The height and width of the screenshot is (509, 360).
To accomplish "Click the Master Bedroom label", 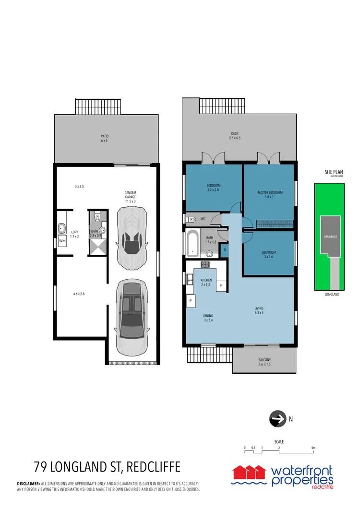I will (x=270, y=195).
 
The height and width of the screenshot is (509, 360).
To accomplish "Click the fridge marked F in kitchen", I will (x=191, y=301).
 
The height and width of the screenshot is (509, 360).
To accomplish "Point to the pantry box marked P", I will (x=221, y=285).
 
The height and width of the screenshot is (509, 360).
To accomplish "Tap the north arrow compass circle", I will (x=276, y=419).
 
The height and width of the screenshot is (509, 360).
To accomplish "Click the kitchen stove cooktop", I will (x=206, y=264).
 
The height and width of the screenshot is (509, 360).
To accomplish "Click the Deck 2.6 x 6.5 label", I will (x=234, y=136).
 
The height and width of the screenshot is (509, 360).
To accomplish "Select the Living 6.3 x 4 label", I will (x=259, y=311).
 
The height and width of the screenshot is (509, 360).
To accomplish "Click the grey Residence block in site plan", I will (x=329, y=237).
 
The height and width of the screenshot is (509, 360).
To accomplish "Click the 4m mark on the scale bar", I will (x=313, y=448).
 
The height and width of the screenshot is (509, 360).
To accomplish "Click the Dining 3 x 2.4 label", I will (x=209, y=318).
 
